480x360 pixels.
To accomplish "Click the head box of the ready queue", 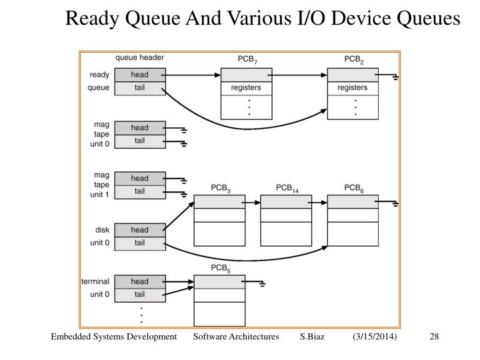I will [139, 75].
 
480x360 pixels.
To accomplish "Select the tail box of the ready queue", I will [139, 88].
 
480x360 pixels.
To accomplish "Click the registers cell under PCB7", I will [246, 88].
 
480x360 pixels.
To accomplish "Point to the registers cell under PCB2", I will [353, 88].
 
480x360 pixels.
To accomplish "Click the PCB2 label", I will [353, 60].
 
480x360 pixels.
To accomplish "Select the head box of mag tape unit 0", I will [139, 127].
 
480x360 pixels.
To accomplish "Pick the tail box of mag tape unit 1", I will [139, 191].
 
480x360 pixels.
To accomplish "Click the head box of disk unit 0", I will [139, 230].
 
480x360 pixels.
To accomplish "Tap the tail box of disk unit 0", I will [139, 243].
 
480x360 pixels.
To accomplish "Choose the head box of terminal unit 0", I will [139, 281].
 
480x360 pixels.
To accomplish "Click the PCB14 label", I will [287, 189].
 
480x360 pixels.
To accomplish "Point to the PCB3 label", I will [220, 189].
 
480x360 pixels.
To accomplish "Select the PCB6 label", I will [353, 189].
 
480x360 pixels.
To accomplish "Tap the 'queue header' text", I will [139, 57].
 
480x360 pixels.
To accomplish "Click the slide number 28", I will [434, 337].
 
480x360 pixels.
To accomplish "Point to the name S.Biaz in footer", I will [312, 337].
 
